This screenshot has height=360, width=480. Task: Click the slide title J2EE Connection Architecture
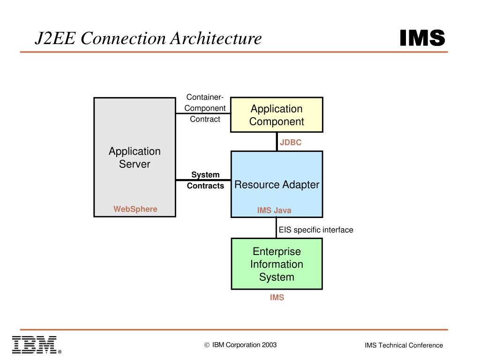click(148, 38)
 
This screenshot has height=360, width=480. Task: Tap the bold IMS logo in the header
click(422, 38)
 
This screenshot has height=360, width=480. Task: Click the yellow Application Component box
click(277, 115)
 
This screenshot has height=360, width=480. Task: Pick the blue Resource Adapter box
click(277, 184)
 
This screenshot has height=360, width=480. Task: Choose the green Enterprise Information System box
click(277, 264)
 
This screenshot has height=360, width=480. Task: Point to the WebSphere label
click(135, 209)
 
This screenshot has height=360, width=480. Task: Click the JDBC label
click(291, 142)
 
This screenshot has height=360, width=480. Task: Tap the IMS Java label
click(274, 210)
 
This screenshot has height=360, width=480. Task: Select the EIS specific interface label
click(316, 230)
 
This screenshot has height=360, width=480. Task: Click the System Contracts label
click(205, 180)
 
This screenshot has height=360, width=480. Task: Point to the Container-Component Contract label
click(205, 108)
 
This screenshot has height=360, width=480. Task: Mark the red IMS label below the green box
click(277, 298)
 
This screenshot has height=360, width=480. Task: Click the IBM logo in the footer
click(35, 345)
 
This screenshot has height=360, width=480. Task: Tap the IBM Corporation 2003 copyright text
click(241, 345)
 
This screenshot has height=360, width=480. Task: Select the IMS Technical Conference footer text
click(404, 345)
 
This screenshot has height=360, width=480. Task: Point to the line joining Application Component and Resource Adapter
click(277, 142)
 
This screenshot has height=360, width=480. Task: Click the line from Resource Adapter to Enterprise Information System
click(277, 228)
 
